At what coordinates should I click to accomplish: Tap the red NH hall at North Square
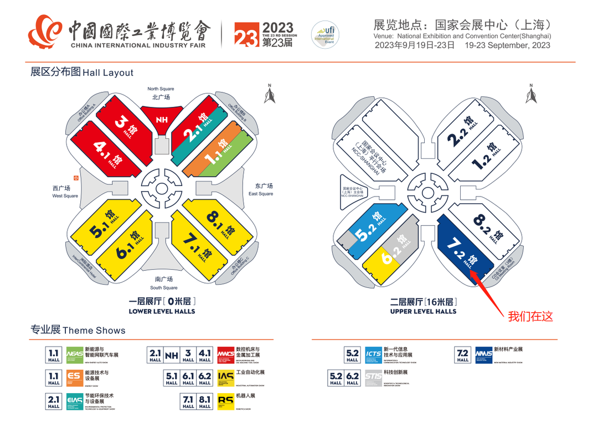click(161, 119)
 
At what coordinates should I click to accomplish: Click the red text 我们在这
click(530, 317)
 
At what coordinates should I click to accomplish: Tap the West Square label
click(65, 192)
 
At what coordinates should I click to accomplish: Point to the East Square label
click(261, 189)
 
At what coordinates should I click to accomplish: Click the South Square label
click(164, 283)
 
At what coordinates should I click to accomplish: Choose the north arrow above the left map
click(270, 95)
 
